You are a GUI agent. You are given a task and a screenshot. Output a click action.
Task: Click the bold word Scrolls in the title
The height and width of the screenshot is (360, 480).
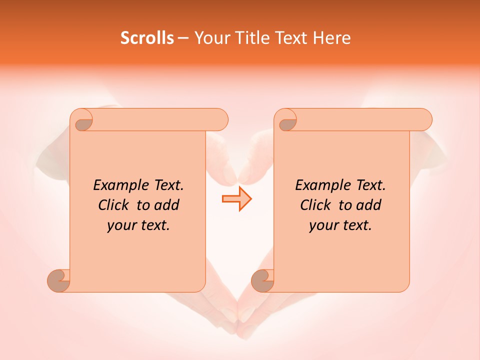pos(147,38)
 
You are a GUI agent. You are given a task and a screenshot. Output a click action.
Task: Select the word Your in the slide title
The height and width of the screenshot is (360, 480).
pos(211,38)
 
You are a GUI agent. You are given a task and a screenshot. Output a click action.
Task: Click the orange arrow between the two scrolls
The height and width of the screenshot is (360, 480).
pos(236,199)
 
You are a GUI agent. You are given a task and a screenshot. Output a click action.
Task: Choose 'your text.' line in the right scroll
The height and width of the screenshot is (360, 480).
pos(340,225)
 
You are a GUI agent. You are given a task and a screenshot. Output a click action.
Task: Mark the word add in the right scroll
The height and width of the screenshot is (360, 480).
pos(369,205)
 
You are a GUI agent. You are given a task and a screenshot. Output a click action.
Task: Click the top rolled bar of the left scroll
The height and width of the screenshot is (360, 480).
pos(160,119)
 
